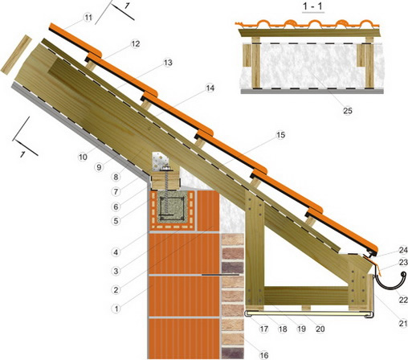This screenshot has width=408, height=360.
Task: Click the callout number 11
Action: (x=88, y=18)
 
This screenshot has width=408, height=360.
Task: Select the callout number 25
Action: (x=348, y=111)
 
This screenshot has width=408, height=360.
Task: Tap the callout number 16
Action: (x=264, y=355)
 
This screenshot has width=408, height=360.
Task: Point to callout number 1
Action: (x=116, y=309)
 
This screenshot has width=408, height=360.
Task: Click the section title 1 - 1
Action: (x=312, y=6)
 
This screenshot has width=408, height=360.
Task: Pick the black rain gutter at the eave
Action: (x=390, y=284)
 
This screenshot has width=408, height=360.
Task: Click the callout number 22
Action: (x=403, y=300)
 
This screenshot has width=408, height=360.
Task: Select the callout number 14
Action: (x=210, y=88)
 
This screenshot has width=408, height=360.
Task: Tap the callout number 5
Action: (x=116, y=221)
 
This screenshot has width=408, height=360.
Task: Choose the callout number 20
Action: (x=320, y=329)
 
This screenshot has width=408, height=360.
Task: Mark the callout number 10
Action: (x=83, y=157)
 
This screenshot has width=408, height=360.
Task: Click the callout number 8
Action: (x=116, y=177)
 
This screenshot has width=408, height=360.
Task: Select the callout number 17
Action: (x=264, y=329)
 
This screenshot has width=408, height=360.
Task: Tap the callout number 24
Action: (x=403, y=251)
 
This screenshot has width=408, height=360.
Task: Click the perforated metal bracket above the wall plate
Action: (x=161, y=162)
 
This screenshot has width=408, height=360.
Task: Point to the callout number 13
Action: (x=168, y=63)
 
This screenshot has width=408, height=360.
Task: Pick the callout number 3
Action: (x=116, y=271)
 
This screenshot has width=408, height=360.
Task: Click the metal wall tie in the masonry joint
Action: (x=220, y=275)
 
